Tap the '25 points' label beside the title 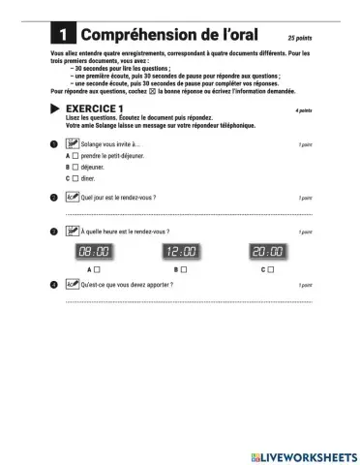pos(300,35)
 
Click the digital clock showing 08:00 pos(93,252)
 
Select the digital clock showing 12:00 pos(180,252)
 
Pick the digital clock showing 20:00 pos(268,252)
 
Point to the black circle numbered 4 pos(54,285)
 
